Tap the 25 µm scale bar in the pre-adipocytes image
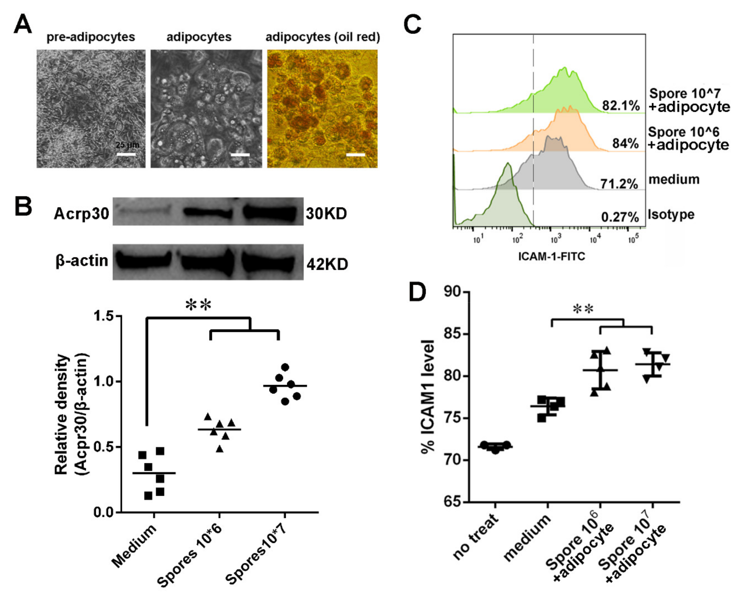coord(126,154)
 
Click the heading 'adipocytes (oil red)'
coord(323,37)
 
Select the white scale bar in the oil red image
coord(355,155)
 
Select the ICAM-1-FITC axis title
coord(552,256)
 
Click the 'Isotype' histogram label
coord(671,215)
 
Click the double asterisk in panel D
coord(583,309)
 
